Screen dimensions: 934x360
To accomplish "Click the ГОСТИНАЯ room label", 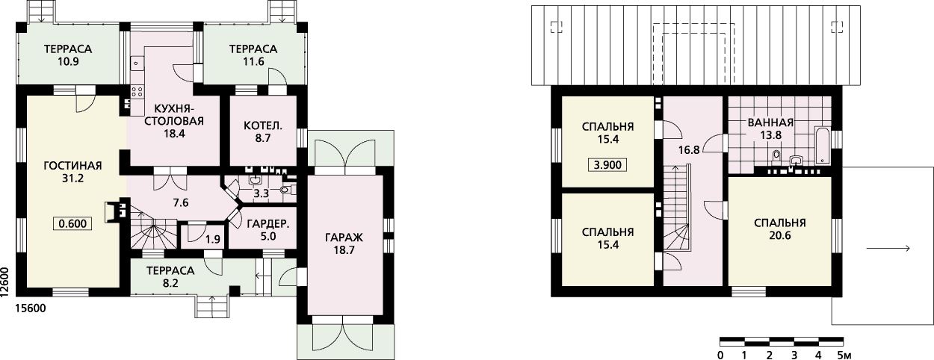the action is (x=72, y=165).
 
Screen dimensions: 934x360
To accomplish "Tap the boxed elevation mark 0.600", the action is (x=72, y=224).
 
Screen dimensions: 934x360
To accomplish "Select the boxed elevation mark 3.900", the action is (x=607, y=165).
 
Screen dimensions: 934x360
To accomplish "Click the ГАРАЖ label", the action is (x=344, y=238).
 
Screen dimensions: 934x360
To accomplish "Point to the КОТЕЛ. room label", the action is (x=263, y=125).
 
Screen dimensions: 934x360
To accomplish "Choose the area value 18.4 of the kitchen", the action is (x=174, y=134).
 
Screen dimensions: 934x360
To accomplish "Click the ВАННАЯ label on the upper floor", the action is (x=770, y=122).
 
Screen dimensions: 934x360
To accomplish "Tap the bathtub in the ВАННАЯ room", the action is (x=822, y=146).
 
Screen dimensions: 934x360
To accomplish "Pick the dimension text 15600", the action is (x=31, y=308).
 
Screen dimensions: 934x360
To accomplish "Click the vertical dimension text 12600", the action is (x=5, y=282).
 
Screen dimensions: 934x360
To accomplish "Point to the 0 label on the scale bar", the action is (x=720, y=356).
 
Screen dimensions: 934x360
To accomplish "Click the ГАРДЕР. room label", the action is (x=268, y=224).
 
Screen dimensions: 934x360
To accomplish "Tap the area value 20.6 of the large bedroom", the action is (x=780, y=235).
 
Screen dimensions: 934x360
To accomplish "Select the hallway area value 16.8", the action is (x=689, y=149).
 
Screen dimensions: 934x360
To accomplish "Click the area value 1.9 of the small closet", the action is (x=213, y=239).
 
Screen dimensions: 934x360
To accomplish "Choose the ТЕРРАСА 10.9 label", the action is (x=68, y=55).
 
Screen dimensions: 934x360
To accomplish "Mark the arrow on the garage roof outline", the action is (x=888, y=249).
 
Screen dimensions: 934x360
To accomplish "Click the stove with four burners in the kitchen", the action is (x=137, y=92).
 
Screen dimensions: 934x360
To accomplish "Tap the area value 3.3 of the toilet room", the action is (x=262, y=193).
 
